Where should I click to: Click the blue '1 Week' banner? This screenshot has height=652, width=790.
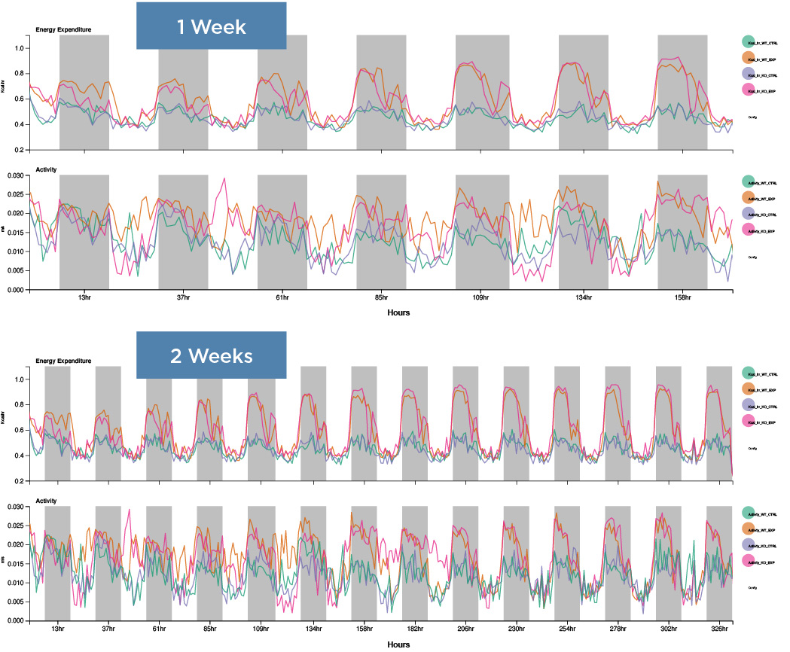pos(211,26)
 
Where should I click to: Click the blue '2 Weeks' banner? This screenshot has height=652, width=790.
pos(211,355)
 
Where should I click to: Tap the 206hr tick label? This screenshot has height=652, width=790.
pos(464,628)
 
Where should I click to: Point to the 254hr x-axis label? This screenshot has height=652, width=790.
pos(566,628)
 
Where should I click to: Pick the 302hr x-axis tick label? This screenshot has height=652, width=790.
pos(667,628)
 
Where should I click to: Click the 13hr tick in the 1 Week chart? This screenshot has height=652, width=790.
pos(84,297)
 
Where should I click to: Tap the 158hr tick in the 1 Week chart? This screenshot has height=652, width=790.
pos(682,297)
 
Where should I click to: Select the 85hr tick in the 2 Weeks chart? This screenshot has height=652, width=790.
pos(209,628)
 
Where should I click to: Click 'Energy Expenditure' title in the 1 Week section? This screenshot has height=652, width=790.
pos(64,29)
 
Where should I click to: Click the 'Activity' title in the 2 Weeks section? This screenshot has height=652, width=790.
pos(46,501)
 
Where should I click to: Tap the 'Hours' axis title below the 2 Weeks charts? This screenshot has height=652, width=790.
pos(398,644)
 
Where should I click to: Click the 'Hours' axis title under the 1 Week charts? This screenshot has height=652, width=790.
pos(398,312)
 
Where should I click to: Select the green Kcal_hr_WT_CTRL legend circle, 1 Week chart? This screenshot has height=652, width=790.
pos(748,42)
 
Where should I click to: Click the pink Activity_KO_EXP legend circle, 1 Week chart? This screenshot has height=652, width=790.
pos(748,229)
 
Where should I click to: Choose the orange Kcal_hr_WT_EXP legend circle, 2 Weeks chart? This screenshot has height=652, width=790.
pos(748,390)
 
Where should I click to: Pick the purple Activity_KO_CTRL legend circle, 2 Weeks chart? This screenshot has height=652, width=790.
pos(748,544)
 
